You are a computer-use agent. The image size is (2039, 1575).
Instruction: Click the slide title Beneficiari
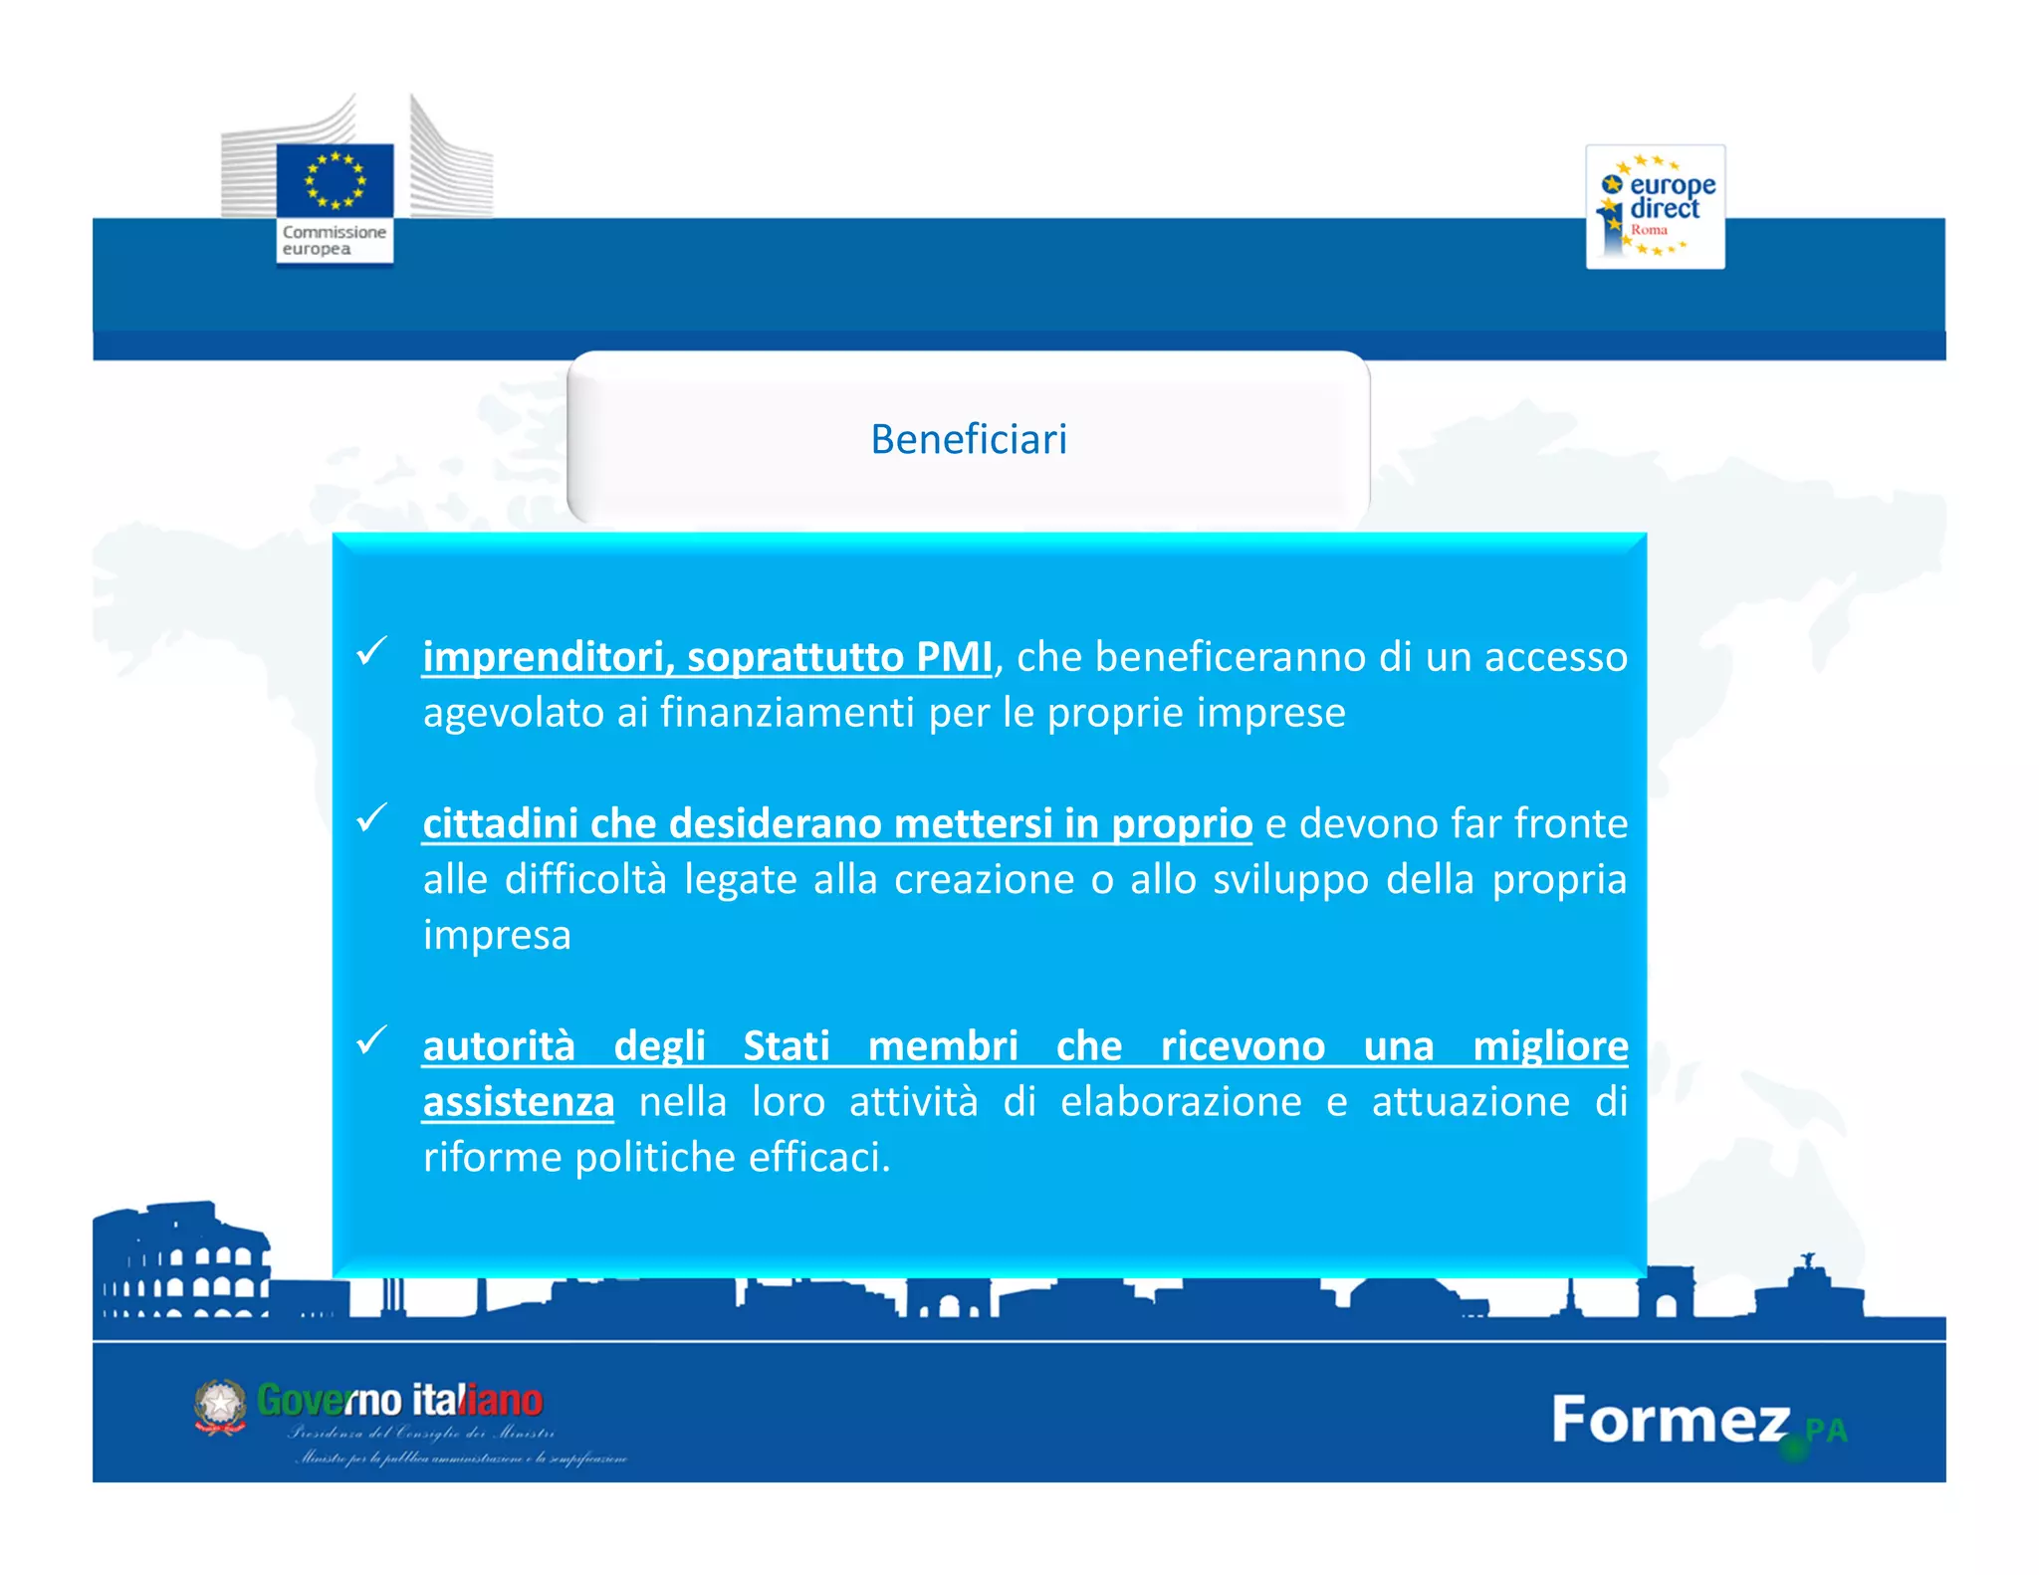968,439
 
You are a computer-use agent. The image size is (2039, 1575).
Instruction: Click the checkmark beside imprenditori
371,652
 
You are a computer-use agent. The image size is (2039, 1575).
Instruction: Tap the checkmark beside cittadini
371,818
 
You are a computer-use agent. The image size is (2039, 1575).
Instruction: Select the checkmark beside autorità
371,1040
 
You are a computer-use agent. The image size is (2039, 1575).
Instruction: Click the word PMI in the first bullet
953,657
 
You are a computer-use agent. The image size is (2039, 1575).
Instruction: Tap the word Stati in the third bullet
786,1046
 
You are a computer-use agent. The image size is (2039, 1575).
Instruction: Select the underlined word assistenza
518,1102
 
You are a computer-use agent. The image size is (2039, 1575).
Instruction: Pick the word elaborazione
1181,1102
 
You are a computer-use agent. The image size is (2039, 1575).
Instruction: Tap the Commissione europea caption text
333,240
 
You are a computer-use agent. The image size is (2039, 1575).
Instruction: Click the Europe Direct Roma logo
1655,206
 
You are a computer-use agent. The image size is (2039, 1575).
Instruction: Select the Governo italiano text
399,1400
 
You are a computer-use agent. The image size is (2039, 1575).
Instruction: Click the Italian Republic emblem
220,1406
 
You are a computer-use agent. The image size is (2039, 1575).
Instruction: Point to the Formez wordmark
1671,1420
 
